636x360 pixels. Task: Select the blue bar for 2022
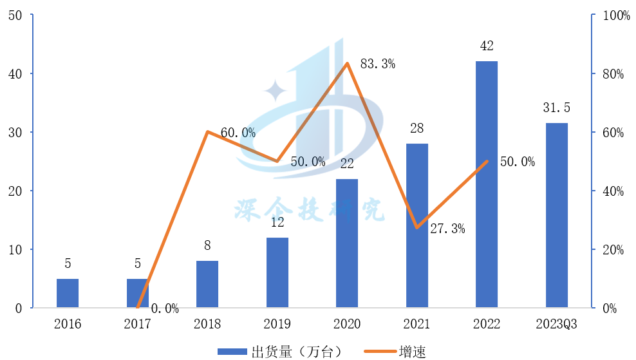point(487,184)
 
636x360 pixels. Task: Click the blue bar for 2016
point(68,293)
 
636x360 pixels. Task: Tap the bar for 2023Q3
point(557,215)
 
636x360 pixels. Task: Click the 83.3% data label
point(377,64)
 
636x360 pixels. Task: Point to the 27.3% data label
point(447,228)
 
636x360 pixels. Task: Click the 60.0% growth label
point(238,133)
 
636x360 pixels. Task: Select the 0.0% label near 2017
point(165,308)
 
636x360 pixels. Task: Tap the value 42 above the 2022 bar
point(487,47)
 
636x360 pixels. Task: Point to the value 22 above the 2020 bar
point(347,164)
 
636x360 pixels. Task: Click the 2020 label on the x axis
point(347,324)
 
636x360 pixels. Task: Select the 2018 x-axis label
point(207,324)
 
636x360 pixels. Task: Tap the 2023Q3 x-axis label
point(557,324)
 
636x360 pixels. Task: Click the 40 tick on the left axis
point(15,73)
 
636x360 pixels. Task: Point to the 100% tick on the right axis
point(615,15)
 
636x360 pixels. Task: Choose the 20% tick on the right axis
point(613,249)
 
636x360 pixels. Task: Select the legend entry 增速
point(412,351)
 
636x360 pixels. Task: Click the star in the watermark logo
point(276,90)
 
